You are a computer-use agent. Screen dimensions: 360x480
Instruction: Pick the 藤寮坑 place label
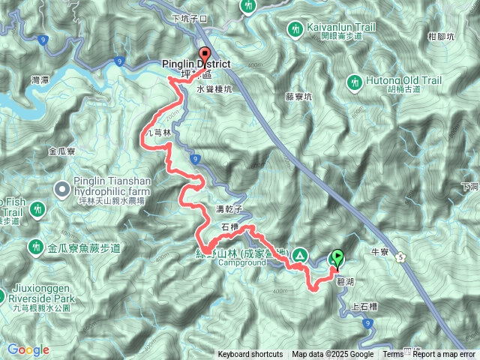298,96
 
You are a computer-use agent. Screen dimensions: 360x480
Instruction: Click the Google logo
28,349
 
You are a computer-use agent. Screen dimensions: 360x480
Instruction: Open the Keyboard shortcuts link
250,355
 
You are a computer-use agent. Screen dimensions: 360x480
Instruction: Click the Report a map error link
445,355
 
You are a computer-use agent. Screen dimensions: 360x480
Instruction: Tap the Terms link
393,355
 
